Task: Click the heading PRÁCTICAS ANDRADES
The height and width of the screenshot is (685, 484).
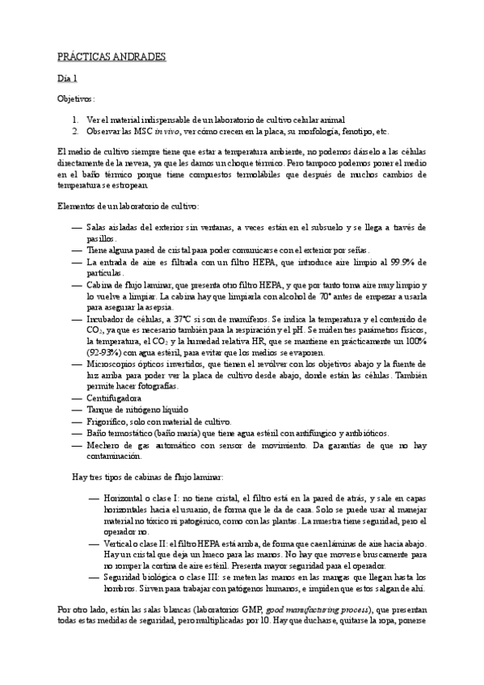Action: (112, 57)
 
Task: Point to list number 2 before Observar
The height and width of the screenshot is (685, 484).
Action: (74, 131)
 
